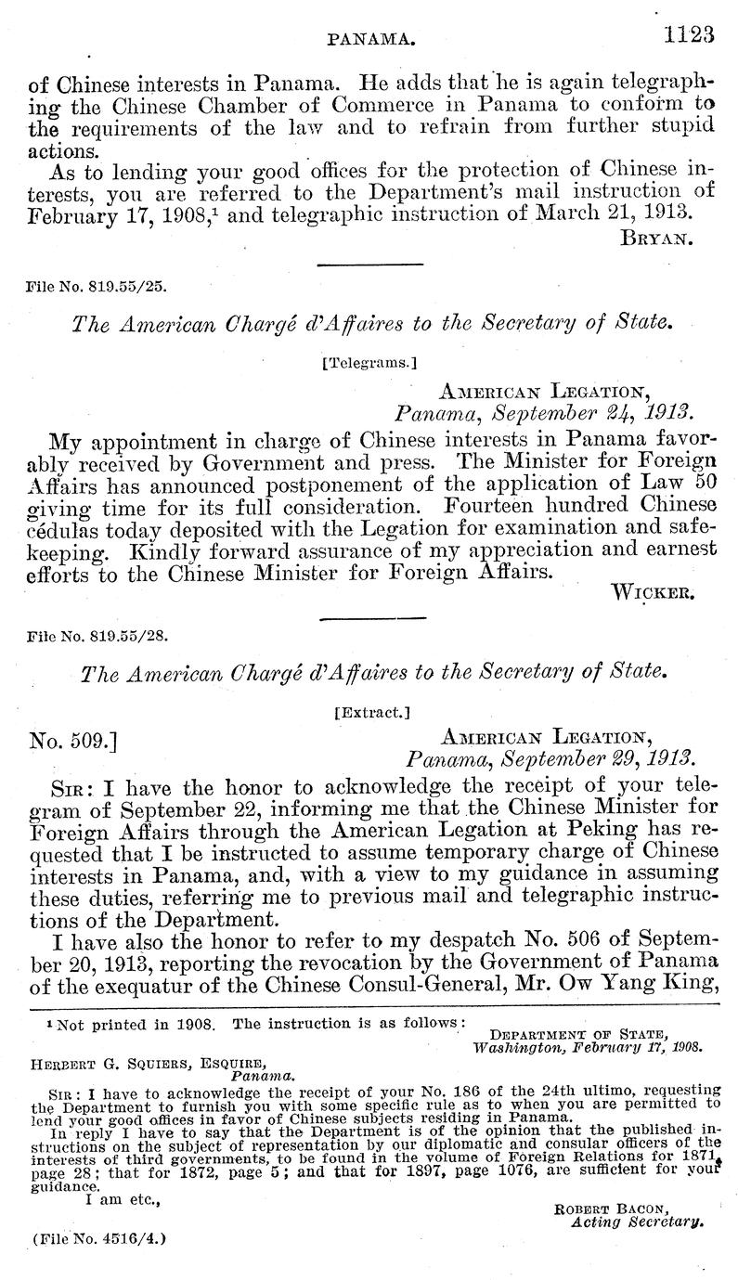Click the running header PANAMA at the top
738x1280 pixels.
click(x=371, y=38)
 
